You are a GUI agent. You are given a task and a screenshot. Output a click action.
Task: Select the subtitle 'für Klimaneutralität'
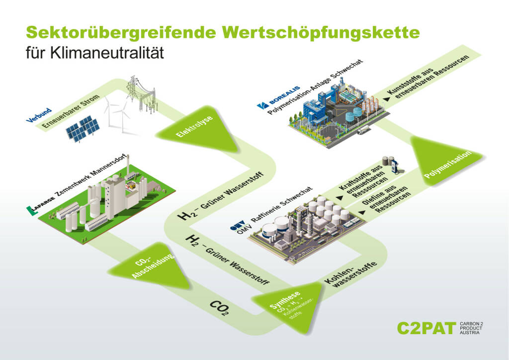click(x=94, y=53)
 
